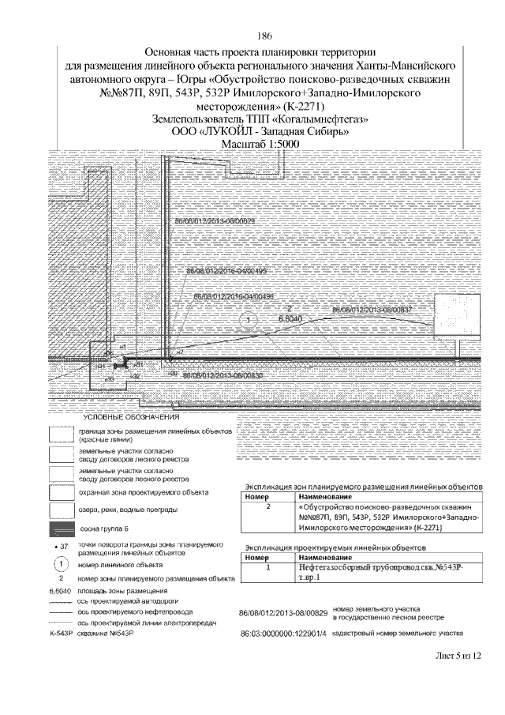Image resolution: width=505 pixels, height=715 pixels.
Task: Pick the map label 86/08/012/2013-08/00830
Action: [222, 377]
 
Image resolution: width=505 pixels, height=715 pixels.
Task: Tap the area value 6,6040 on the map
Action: [268, 318]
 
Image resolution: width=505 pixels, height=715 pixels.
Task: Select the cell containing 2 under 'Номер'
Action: [268, 506]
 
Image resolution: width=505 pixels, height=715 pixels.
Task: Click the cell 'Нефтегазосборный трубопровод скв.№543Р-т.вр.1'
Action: [383, 572]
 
